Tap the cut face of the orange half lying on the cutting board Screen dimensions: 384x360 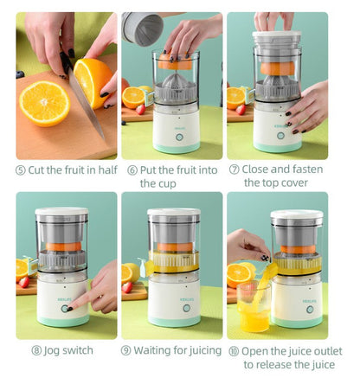pos(44,103)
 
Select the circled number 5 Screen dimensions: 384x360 pos(21,170)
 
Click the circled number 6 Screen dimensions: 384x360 pos(132,170)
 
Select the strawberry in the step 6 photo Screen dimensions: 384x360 pos(140,110)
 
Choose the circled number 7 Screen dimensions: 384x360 pos(234,170)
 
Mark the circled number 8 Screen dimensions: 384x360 pos(36,350)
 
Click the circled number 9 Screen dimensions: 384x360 pos(125,350)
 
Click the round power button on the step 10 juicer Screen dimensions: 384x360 pos(308,309)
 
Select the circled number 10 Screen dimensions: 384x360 pos(234,350)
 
